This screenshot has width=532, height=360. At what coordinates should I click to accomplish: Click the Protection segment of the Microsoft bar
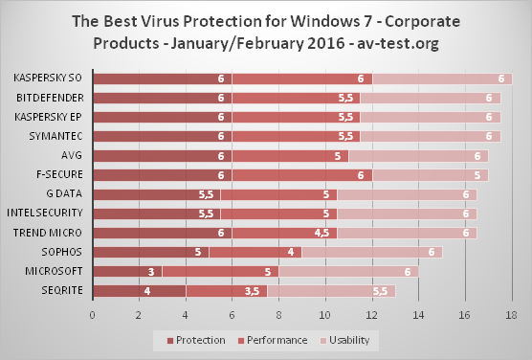(127, 271)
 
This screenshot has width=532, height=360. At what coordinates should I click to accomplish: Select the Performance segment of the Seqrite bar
(227, 291)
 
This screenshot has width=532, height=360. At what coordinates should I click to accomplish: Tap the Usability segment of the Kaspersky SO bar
(442, 79)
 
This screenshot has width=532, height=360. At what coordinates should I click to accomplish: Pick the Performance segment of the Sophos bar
(255, 253)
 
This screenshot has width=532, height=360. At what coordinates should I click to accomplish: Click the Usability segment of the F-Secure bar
(431, 175)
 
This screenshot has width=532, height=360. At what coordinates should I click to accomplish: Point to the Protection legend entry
(196, 340)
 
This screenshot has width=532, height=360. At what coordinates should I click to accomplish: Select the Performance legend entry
(273, 340)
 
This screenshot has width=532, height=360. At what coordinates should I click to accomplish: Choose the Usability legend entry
(344, 340)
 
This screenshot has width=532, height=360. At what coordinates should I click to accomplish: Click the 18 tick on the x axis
(511, 315)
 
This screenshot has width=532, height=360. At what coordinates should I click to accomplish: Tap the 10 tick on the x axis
(325, 315)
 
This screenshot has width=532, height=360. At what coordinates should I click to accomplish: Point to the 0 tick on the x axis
(93, 315)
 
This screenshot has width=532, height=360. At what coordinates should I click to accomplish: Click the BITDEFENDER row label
(50, 98)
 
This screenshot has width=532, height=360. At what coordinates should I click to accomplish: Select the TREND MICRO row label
(48, 233)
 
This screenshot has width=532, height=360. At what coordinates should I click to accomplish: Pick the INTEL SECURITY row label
(45, 213)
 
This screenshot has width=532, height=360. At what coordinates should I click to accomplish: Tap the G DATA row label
(64, 193)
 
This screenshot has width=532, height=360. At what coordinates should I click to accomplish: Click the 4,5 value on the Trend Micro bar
(321, 233)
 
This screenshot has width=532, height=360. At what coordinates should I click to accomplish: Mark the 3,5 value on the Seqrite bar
(252, 291)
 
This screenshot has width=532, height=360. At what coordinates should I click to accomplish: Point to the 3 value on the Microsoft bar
(151, 272)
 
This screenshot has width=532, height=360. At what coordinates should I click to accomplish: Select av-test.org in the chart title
(398, 43)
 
